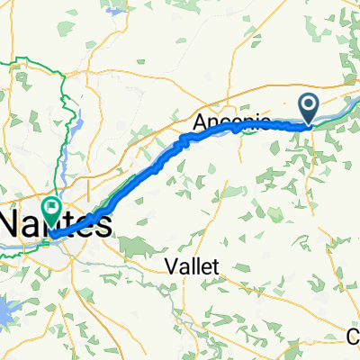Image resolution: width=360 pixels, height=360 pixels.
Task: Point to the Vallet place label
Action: coord(198,266)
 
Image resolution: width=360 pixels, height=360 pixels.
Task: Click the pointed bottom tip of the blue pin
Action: coord(310,124)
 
